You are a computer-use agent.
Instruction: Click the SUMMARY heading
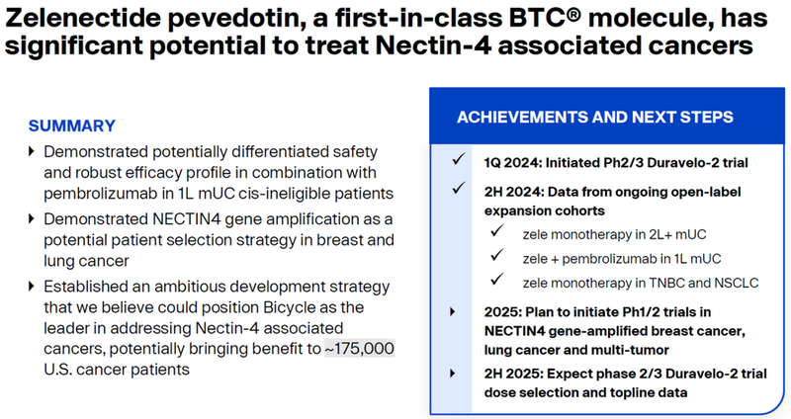pos(71,126)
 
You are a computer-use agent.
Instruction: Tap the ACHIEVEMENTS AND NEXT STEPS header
pos(595,117)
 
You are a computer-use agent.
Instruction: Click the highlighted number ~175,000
pos(359,349)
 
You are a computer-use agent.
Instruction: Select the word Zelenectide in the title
pos(82,18)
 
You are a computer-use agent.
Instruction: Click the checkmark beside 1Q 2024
pos(459,159)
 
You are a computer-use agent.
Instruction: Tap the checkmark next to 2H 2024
pos(459,189)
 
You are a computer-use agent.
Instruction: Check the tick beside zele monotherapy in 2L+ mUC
pos(497,231)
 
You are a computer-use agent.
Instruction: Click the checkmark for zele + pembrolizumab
pos(497,255)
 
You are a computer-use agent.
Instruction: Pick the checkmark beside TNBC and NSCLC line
pos(497,279)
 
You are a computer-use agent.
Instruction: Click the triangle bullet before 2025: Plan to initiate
pos(453,312)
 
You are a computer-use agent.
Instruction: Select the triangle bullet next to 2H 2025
pos(453,374)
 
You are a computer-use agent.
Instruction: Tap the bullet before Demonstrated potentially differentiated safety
pos(32,151)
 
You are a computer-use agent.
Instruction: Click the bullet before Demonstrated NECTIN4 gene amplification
pos(32,218)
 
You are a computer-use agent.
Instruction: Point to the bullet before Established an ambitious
pos(32,287)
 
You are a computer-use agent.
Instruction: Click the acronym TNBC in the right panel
pos(666,283)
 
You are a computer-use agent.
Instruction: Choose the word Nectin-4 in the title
pos(433,45)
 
